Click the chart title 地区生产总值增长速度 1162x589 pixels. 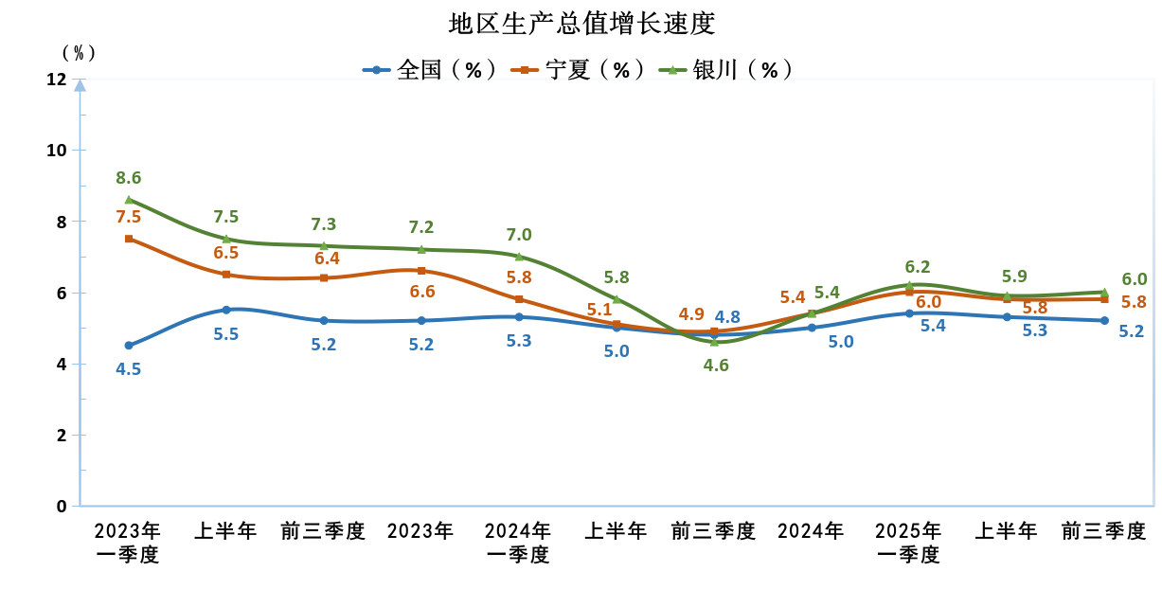581,23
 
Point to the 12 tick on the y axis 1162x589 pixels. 57,80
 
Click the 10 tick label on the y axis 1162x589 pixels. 57,151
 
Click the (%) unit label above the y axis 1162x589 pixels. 79,52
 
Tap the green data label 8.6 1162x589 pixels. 128,178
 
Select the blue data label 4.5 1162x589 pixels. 128,369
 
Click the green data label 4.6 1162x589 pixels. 716,365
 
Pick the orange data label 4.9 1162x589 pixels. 690,314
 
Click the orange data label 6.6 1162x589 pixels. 422,292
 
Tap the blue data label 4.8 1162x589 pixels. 727,317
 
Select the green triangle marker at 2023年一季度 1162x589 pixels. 128,200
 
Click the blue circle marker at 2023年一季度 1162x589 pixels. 128,346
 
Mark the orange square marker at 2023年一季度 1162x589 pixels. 128,239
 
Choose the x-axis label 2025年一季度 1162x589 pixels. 908,542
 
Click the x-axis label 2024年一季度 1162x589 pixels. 518,542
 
